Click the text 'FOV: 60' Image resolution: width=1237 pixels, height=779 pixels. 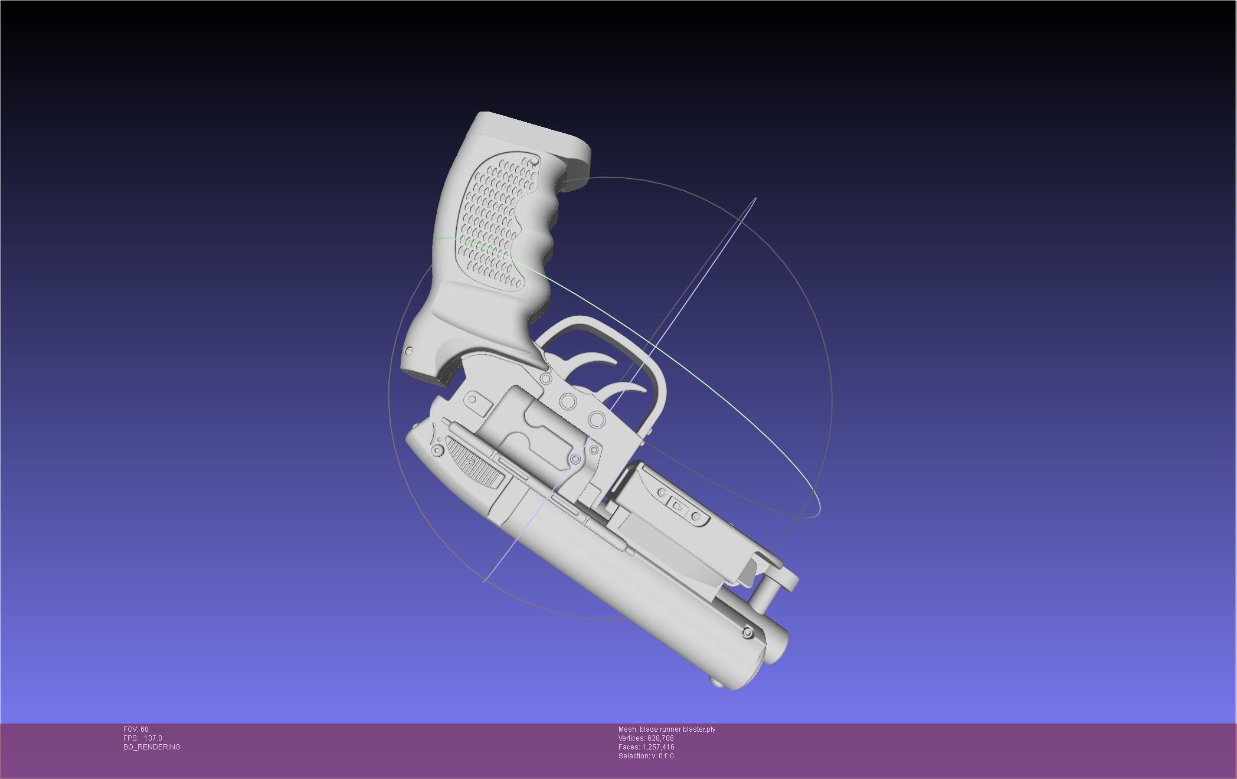pyautogui.click(x=136, y=729)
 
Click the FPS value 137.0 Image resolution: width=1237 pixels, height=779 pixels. pyautogui.click(x=152, y=738)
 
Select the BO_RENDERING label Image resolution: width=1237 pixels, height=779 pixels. pyautogui.click(x=152, y=747)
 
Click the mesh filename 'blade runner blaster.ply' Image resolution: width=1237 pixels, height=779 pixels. pyautogui.click(x=677, y=729)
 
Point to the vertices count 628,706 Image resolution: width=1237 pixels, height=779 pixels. pyautogui.click(x=660, y=738)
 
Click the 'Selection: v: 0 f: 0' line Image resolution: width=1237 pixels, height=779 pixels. pyautogui.click(x=646, y=756)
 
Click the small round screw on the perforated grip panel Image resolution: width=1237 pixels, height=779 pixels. pyautogui.click(x=535, y=161)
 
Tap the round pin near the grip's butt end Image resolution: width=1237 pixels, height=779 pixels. pyautogui.click(x=409, y=352)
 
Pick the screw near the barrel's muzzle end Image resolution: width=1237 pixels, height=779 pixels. pyautogui.click(x=747, y=633)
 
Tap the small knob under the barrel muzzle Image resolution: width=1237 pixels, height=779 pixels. pyautogui.click(x=716, y=682)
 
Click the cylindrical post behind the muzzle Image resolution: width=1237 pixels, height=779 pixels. pyautogui.click(x=765, y=593)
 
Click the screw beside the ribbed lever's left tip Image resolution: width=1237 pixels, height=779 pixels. pyautogui.click(x=437, y=451)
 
